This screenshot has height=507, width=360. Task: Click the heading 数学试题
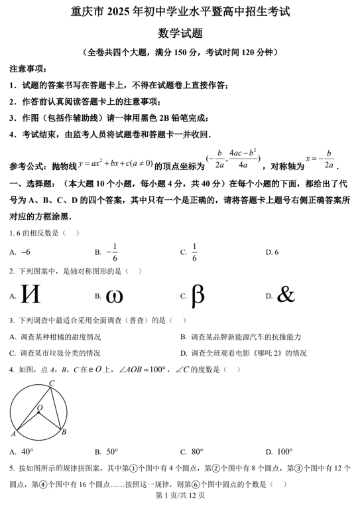[x=180, y=32]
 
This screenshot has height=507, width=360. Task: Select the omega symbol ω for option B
[x=115, y=295]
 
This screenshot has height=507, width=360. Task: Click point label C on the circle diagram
[x=52, y=383]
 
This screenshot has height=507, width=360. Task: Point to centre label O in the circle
[x=39, y=407]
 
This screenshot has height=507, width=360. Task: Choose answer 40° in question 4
[x=27, y=452]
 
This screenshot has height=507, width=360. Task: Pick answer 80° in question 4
[x=198, y=452]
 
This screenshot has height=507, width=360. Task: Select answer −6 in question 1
[x=26, y=252]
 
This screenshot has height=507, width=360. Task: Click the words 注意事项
[x=27, y=69]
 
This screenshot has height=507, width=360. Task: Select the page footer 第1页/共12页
[x=180, y=495]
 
